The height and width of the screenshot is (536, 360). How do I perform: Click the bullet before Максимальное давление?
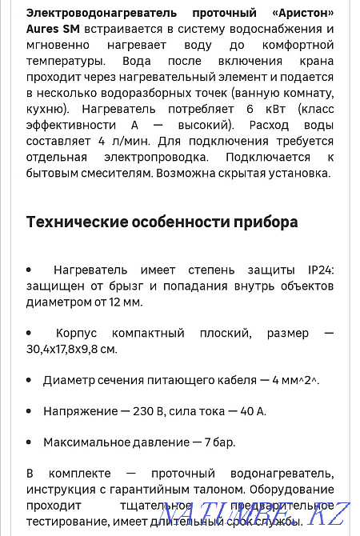click(29, 441)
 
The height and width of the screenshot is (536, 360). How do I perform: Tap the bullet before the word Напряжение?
click(29, 410)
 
